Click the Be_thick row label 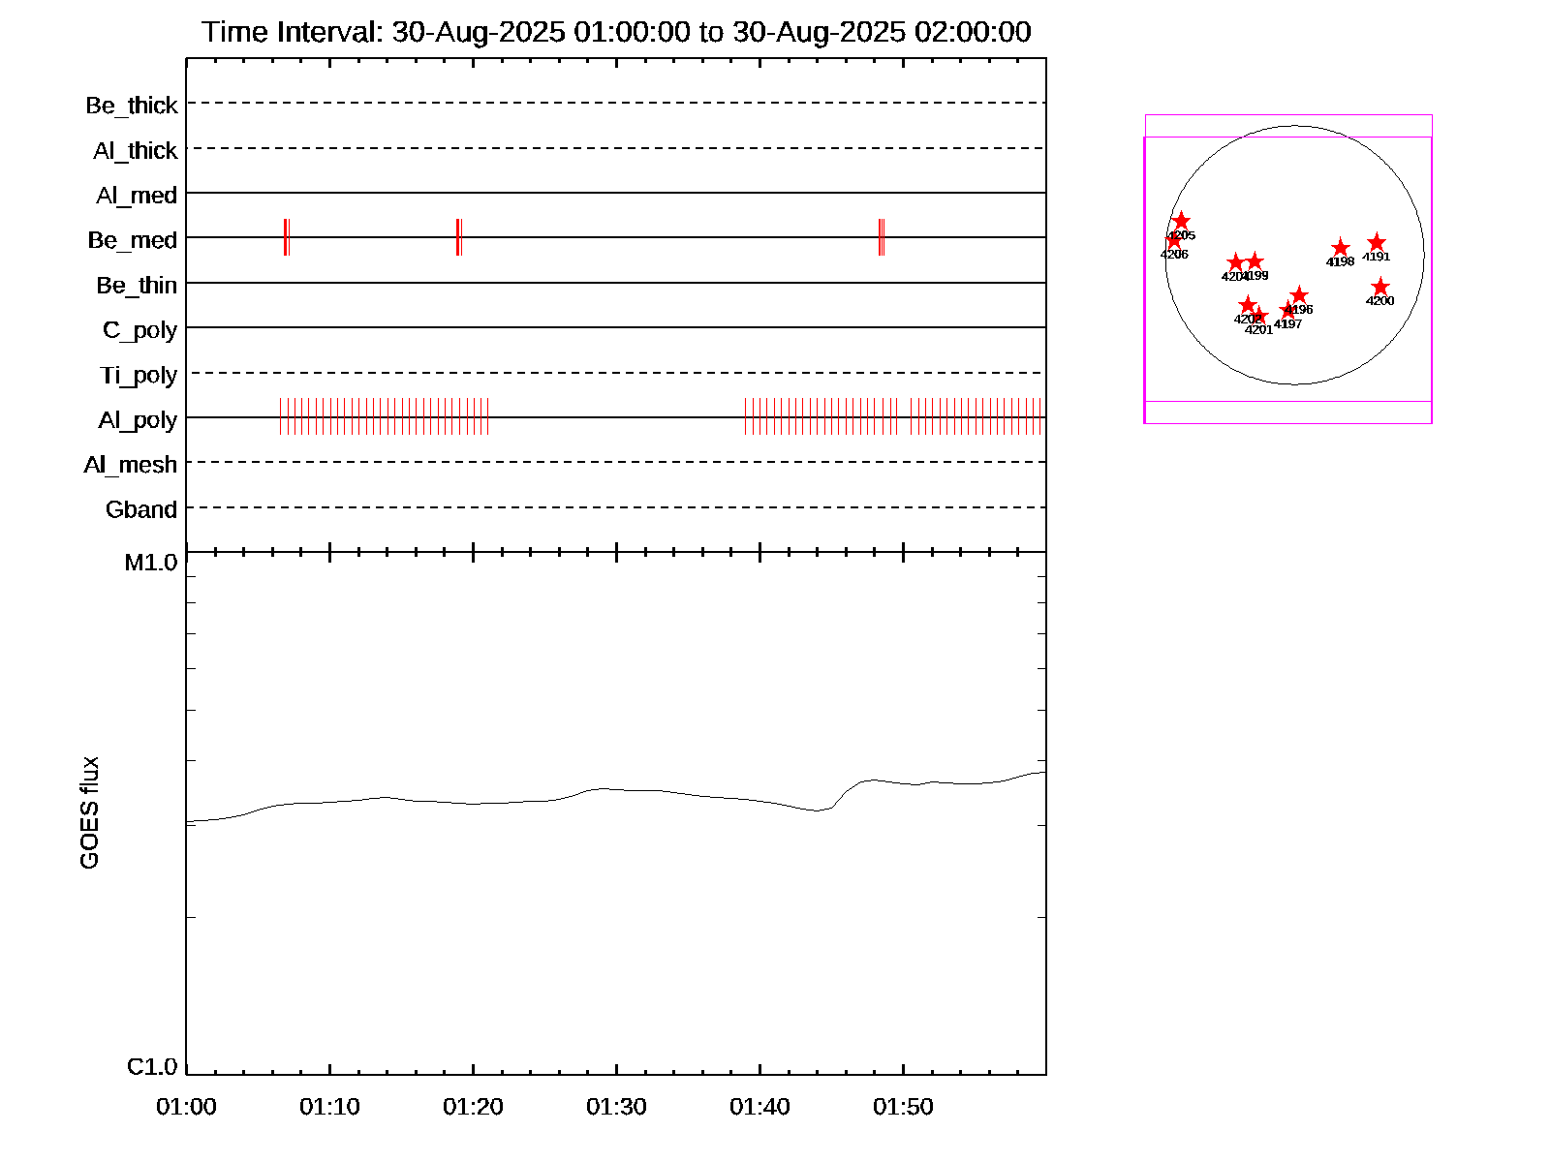[x=132, y=106]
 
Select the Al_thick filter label [x=136, y=151]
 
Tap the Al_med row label [x=137, y=196]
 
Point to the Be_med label [x=133, y=240]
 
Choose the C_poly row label [x=140, y=330]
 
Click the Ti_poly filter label [x=139, y=375]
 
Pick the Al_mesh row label [x=131, y=465]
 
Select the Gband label [x=141, y=509]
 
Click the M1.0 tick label [x=151, y=562]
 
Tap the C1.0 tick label [x=152, y=1067]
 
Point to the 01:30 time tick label [x=616, y=1107]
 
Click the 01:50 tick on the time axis [x=903, y=1107]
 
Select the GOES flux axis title [x=89, y=812]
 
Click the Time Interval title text [x=616, y=32]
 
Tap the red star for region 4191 [x=1377, y=243]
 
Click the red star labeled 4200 [x=1380, y=288]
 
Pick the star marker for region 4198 [x=1340, y=248]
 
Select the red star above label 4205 [x=1181, y=222]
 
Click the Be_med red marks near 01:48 [x=882, y=237]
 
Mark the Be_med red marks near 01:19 [x=459, y=237]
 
